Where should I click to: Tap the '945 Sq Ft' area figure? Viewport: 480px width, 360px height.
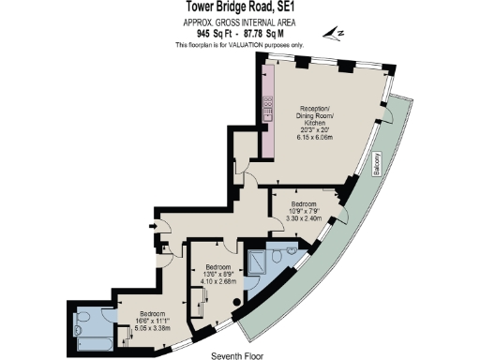coord(205,34)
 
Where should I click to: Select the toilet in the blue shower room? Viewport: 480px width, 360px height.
coord(290,252)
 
